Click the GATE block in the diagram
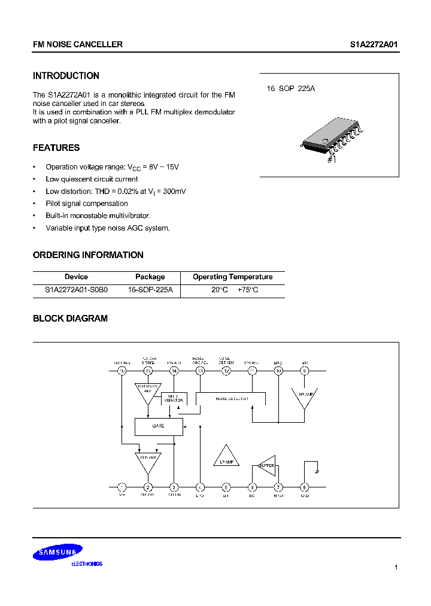click(x=159, y=426)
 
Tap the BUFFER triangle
click(x=265, y=465)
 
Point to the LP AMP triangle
click(x=226, y=457)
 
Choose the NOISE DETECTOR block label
click(x=231, y=398)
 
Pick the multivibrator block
click(x=174, y=398)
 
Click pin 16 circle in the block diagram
click(x=122, y=371)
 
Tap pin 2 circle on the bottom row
click(x=148, y=487)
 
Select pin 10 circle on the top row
click(x=278, y=371)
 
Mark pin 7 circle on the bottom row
click(x=278, y=487)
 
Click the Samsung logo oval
click(x=57, y=554)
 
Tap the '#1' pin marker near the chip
click(x=332, y=160)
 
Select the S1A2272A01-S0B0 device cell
click(x=76, y=289)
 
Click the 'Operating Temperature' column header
click(x=232, y=277)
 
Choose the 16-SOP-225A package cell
click(x=150, y=289)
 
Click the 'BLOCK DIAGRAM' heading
click(x=70, y=319)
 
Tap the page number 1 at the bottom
click(x=396, y=567)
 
